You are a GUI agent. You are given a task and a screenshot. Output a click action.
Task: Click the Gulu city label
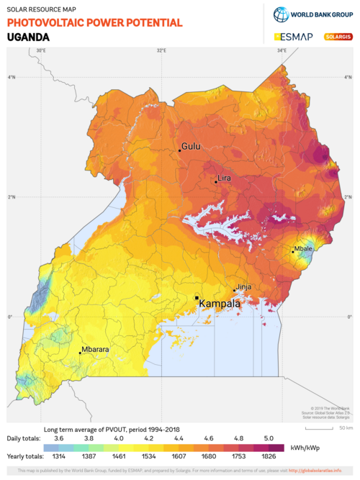tap(191, 146)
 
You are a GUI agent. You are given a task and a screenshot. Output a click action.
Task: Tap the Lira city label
tap(225, 178)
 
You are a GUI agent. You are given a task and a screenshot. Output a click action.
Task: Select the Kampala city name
tap(220, 303)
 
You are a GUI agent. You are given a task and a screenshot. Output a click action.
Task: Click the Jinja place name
tap(244, 286)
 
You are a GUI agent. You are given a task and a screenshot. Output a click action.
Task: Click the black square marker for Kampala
tap(197, 297)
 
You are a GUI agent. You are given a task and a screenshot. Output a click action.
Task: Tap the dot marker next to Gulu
tap(179, 150)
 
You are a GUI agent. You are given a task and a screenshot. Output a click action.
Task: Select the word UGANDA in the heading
tap(28, 37)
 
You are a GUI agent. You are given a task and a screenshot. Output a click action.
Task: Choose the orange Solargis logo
tap(338, 37)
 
